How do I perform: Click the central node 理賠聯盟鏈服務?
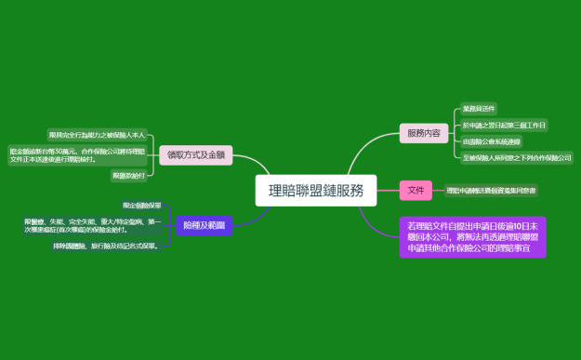(x=316, y=191)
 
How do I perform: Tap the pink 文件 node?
(x=416, y=191)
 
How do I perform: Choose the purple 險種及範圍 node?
(x=204, y=225)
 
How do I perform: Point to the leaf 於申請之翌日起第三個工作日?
(x=504, y=125)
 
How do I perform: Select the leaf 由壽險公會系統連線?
(x=491, y=141)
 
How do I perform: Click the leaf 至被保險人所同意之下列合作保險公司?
(x=517, y=158)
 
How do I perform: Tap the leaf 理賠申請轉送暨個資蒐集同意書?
(x=491, y=191)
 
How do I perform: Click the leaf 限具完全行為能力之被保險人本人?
(x=97, y=135)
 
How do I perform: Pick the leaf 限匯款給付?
(x=128, y=175)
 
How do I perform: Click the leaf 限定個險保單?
(x=141, y=205)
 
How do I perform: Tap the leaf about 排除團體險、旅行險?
(x=106, y=247)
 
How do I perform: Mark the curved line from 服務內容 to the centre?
(x=367, y=149)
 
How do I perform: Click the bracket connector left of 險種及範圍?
(x=170, y=225)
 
